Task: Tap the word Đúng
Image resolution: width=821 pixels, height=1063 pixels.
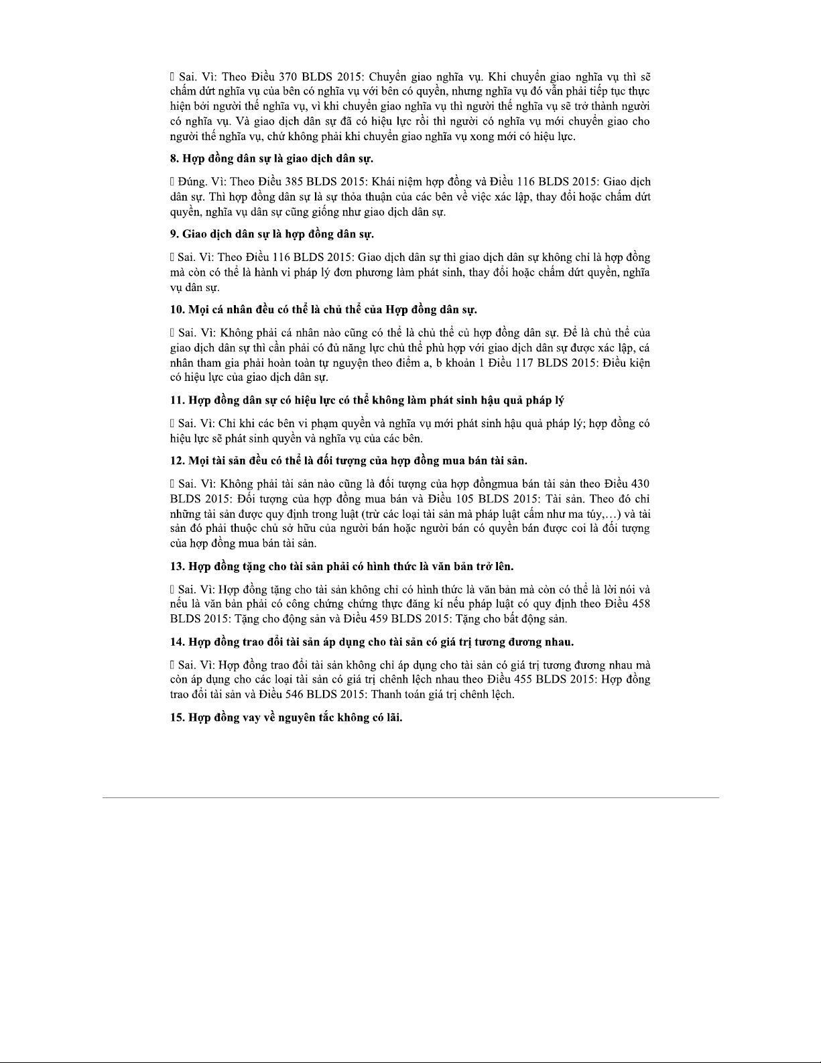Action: pos(191,182)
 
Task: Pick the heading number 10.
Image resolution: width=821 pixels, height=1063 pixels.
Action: pos(176,310)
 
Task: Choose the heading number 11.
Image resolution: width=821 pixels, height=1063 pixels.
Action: pos(176,400)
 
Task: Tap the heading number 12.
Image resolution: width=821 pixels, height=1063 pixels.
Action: pos(176,461)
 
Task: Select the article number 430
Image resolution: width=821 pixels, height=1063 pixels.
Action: pos(639,484)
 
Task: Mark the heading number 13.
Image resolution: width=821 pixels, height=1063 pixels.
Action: pos(176,567)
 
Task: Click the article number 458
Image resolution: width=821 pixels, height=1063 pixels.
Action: pos(639,604)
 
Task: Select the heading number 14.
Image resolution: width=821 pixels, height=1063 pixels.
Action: pos(176,642)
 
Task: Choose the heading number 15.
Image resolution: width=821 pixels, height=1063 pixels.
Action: pos(176,718)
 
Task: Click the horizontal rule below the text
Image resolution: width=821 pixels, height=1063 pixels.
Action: pos(410,797)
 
